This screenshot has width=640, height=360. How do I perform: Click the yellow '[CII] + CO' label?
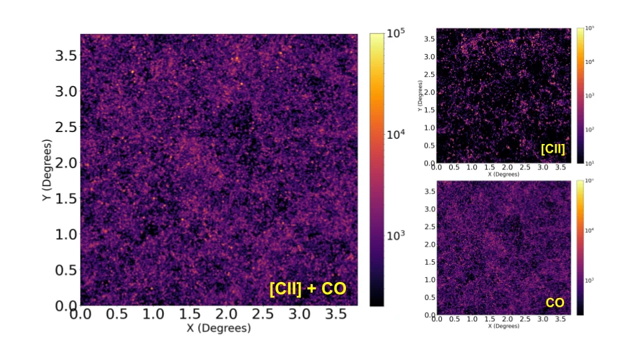(309, 289)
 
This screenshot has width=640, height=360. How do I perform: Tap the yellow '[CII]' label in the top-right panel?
(553, 149)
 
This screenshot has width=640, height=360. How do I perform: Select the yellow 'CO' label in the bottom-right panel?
(555, 302)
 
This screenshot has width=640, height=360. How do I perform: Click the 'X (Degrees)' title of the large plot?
(219, 328)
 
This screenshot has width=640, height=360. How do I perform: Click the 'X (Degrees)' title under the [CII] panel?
(503, 174)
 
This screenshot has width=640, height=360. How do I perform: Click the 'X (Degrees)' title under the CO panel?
(503, 326)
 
